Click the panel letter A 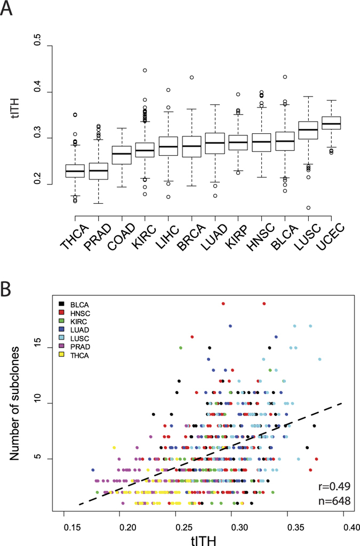(7, 9)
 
